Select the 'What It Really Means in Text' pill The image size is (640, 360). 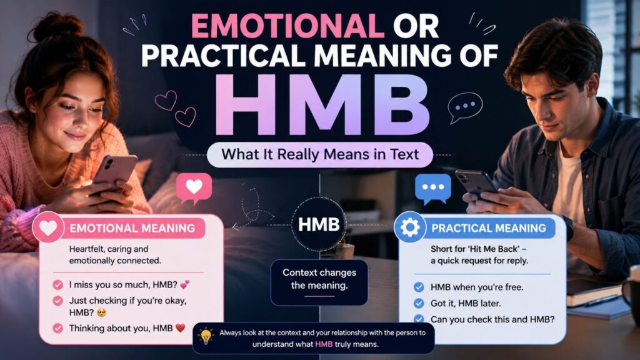(x=319, y=155)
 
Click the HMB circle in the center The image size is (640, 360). (x=319, y=224)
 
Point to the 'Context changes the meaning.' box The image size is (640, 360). (x=319, y=282)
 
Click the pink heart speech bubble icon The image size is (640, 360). (x=194, y=188)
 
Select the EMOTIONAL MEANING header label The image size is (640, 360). (x=132, y=227)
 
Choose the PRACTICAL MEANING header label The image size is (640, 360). (x=489, y=227)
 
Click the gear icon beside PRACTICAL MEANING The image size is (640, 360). (x=410, y=227)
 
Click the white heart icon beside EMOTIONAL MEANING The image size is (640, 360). (x=48, y=227)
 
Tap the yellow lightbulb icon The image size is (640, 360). (x=206, y=336)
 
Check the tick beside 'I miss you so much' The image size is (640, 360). (x=58, y=284)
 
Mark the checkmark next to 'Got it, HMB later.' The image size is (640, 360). (x=419, y=303)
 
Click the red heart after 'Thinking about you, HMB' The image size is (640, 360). (x=180, y=327)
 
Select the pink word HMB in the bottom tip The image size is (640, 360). (x=324, y=344)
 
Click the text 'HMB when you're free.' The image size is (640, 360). (x=477, y=287)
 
